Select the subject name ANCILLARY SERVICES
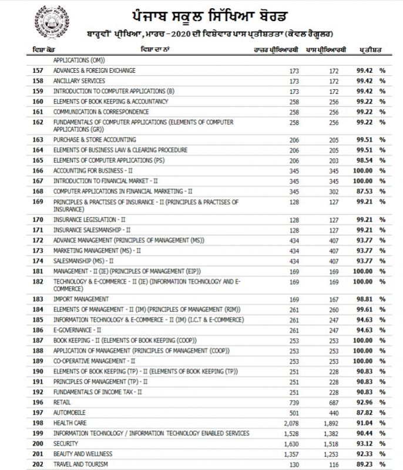tap(79, 80)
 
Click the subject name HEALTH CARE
tap(70, 422)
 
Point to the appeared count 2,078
tap(291, 422)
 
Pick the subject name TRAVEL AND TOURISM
tap(80, 464)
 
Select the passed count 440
tap(334, 412)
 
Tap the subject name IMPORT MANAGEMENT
tap(80, 299)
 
